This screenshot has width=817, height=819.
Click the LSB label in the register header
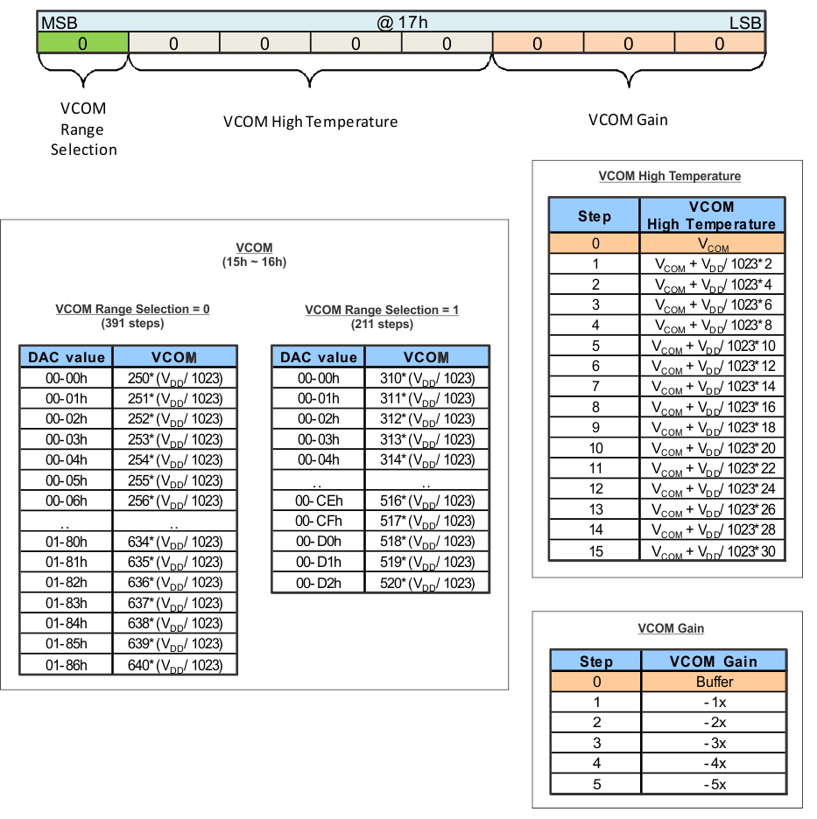pos(745,22)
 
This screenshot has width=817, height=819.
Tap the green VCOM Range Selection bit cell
pos(82,43)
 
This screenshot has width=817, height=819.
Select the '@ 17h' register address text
pos(402,22)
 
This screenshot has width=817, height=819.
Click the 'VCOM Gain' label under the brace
pos(628,120)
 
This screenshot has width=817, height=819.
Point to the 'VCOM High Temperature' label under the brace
pos(310,122)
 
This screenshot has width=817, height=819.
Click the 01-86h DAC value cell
pos(67,665)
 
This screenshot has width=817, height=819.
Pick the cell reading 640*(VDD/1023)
pos(175,665)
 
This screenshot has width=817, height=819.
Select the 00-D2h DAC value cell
pos(319,583)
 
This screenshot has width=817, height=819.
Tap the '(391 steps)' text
pos(132,324)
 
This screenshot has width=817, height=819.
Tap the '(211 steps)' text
pos(382,325)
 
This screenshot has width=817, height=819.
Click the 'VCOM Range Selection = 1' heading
pos(382,310)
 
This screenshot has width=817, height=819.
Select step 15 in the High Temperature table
pos(595,550)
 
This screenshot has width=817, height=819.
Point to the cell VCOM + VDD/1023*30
pos(712,550)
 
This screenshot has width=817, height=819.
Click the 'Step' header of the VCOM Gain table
pos(595,661)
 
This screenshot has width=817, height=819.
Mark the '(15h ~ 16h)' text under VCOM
pos(254,262)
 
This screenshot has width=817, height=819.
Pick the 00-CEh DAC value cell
pos(319,500)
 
